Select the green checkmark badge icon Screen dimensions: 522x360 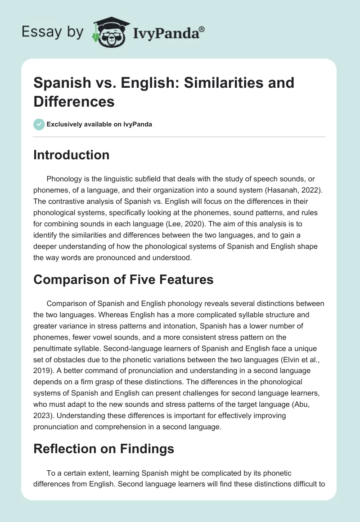[x=39, y=124]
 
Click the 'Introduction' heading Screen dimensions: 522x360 [x=71, y=155]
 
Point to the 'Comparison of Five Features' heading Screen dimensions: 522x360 [x=123, y=279]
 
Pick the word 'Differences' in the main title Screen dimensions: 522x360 [x=74, y=101]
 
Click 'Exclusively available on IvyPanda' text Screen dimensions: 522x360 [x=99, y=124]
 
